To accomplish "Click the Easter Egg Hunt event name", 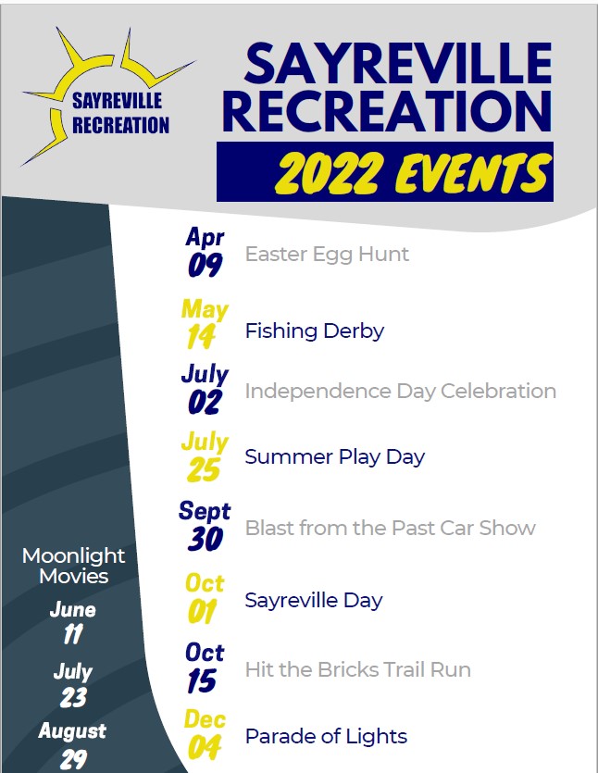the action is (327, 255).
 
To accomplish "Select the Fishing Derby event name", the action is (315, 330).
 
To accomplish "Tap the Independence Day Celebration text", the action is (400, 392).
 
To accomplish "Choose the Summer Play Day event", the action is (335, 457).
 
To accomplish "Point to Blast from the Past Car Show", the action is (390, 528).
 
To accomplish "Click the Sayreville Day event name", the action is (314, 601).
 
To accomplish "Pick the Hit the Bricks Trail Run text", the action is (358, 669).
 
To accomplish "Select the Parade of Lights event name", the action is (326, 737).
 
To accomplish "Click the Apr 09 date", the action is (206, 252).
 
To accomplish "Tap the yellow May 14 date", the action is (205, 323).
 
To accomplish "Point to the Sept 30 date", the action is (205, 526).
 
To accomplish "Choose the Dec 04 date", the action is (205, 734).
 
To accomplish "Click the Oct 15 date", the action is (205, 667).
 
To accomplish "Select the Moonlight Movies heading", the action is (73, 566).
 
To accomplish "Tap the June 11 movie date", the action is (73, 623).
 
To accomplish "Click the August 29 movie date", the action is (72, 745).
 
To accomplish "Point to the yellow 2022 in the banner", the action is (330, 172).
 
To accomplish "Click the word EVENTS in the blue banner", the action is (472, 172).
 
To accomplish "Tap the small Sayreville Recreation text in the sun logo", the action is (120, 113).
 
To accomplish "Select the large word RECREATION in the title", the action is (388, 111).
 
